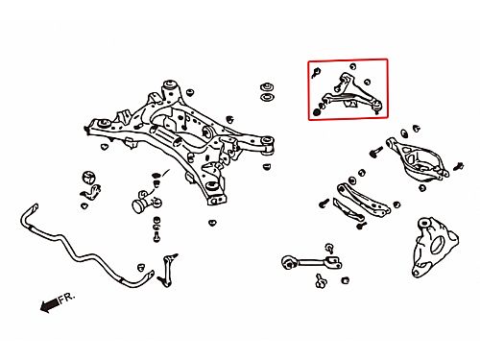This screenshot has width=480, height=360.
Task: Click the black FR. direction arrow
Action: click(50, 305)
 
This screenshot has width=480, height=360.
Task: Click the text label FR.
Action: click(66, 298)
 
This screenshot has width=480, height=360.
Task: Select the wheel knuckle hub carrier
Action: click(434, 247)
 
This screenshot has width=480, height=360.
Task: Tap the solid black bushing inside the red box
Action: click(317, 112)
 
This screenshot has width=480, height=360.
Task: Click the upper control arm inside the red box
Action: click(352, 93)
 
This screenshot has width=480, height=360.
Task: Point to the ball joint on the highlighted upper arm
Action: click(377, 106)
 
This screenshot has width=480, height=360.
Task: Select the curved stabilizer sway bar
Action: click(80, 250)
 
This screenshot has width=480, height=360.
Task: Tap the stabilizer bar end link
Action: click(168, 270)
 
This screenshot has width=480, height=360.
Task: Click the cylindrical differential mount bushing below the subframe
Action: click(141, 204)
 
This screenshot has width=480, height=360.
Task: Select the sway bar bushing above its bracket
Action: click(89, 178)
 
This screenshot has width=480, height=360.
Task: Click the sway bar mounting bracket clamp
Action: click(91, 192)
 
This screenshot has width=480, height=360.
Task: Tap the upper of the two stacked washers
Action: click(267, 87)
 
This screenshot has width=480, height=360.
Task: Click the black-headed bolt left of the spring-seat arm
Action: click(376, 152)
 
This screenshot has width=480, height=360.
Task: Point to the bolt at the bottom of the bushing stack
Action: click(156, 237)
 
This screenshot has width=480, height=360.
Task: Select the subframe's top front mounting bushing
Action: click(170, 85)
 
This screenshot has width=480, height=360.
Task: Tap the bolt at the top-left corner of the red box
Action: click(316, 73)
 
